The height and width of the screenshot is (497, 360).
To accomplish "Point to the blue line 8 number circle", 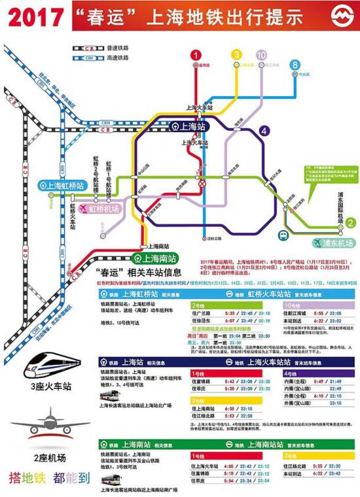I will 295,65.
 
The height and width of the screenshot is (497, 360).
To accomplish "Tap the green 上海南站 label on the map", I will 154,257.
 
